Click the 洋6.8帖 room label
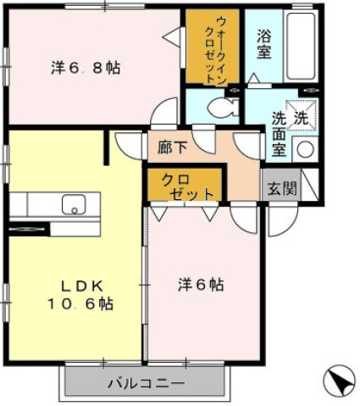coord(86,69)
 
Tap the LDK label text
coord(82,286)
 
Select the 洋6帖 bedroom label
coord(201,285)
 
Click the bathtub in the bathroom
coord(301,46)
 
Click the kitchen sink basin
coord(74,204)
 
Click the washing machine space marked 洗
coord(302,114)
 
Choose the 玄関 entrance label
coord(282,189)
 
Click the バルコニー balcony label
coord(147,383)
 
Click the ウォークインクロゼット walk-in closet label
coord(216,50)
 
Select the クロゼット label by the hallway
coord(186,187)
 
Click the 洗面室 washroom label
coord(280,135)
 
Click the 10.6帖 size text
coord(80,304)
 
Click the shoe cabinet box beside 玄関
coord(310,184)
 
